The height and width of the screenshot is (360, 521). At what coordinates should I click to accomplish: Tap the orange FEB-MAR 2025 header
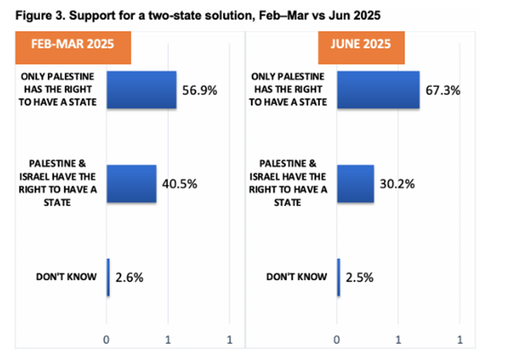coord(73,44)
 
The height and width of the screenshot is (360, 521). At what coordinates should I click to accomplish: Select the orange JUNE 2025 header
coord(361,44)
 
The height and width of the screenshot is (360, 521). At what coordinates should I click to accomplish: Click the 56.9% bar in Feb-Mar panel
coord(141,90)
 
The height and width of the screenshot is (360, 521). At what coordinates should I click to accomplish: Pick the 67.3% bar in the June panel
coord(378,90)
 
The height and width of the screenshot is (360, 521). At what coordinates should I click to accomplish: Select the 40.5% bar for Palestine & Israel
coord(131,183)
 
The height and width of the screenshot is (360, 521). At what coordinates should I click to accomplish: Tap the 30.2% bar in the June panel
coord(355,183)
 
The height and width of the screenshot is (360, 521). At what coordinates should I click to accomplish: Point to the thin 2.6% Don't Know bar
coord(108,277)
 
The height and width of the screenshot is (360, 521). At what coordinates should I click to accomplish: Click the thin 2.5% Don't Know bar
coord(338,277)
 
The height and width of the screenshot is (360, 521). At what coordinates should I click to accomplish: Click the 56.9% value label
coord(200,91)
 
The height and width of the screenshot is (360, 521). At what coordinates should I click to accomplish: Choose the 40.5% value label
coord(180,184)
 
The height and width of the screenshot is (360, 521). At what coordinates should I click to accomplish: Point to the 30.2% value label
coord(397,184)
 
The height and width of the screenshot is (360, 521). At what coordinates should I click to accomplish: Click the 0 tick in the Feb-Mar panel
coord(106,339)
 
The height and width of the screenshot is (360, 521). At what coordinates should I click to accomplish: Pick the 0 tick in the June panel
coord(337,339)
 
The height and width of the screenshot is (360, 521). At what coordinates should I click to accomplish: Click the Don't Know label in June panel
coord(297,277)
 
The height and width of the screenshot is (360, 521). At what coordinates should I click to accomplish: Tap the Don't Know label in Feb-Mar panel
coord(66,277)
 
